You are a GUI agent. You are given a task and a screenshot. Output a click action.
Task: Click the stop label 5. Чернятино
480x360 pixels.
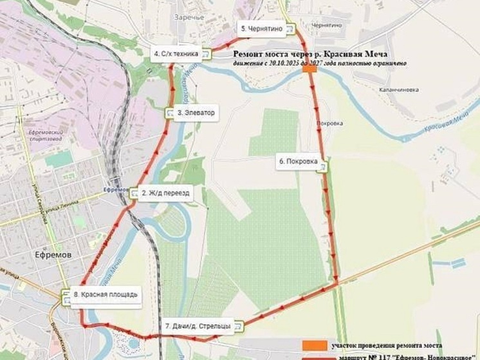click(x=262, y=29)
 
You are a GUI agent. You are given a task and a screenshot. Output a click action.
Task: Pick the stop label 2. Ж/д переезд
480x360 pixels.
click(x=165, y=193)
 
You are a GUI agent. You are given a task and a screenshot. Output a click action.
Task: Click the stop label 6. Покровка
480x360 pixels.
click(x=297, y=163)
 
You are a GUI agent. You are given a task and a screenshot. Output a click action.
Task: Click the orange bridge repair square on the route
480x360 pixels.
click(x=309, y=70)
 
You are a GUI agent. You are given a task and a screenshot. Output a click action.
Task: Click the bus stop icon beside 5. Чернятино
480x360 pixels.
click(x=291, y=29)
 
